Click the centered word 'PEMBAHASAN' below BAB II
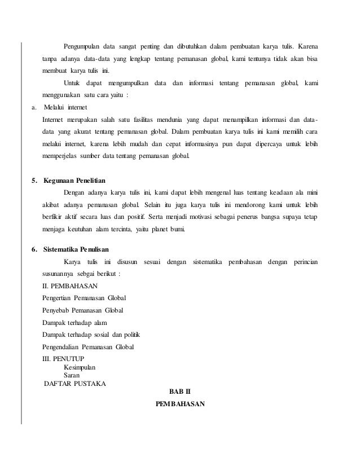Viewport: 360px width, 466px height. (x=180, y=405)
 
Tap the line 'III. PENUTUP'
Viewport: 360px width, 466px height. (x=67, y=358)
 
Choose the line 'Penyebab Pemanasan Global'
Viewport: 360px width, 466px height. (x=83, y=310)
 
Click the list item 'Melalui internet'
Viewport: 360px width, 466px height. (x=65, y=108)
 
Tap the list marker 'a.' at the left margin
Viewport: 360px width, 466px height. (x=33, y=108)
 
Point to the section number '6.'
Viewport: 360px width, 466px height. (x=34, y=249)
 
